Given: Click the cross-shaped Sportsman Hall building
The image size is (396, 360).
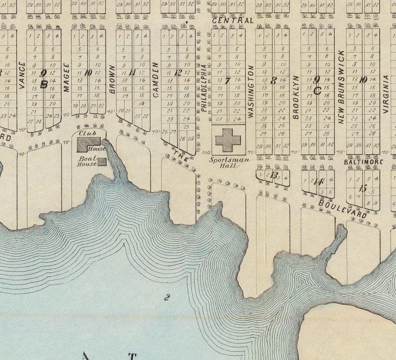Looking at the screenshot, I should coord(228,140).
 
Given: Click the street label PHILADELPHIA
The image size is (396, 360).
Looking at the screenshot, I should coord(204,88).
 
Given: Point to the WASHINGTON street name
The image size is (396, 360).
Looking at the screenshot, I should coord(251,91).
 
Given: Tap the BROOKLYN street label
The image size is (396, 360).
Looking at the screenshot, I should coord(296,97).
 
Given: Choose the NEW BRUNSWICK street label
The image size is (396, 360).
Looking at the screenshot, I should coord(341,87).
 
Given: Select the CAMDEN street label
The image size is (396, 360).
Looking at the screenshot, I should coord(156,80).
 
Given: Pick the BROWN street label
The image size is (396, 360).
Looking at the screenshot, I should coord(112,79).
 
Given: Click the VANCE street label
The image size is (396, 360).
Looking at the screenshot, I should coord(22,75).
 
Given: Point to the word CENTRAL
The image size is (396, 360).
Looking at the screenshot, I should coord(233,21).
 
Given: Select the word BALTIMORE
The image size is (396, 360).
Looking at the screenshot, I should coord(363,162).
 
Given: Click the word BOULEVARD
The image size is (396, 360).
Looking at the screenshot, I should coord(343,209).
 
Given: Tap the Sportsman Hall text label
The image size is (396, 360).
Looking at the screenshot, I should coord(230,163).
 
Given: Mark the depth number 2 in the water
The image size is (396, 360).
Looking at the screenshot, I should coord(167,297).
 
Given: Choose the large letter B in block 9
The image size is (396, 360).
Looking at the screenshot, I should coord(43,84).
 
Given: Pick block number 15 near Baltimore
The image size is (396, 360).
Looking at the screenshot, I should coord(363,188).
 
